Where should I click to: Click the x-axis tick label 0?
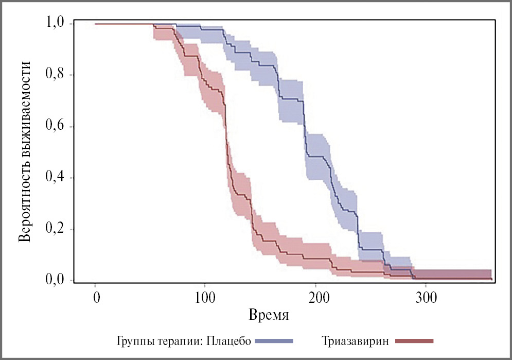click(x=96, y=298)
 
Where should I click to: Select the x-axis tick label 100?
click(x=205, y=298)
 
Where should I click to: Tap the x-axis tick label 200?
click(x=315, y=298)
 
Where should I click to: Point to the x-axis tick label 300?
click(x=426, y=298)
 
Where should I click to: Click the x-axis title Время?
click(x=268, y=314)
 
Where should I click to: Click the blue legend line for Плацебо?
click(x=274, y=341)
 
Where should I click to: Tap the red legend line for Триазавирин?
click(x=415, y=341)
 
